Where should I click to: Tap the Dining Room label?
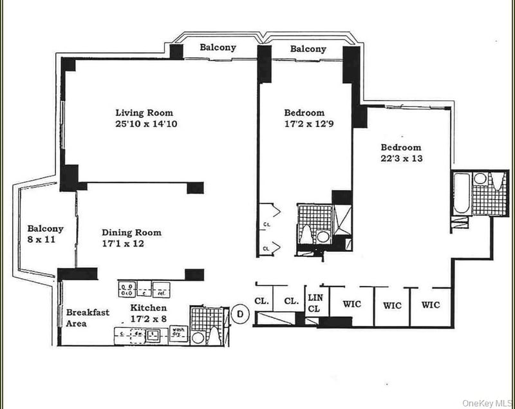131,233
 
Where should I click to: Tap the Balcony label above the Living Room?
218,47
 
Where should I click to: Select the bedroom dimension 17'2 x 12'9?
309,124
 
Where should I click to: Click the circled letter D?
240,314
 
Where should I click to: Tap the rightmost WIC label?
431,305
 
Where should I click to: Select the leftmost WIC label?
351,305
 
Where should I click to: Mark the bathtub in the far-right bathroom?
462,194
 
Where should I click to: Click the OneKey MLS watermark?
486,403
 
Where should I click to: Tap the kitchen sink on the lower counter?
153,334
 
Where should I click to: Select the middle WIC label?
392,305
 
